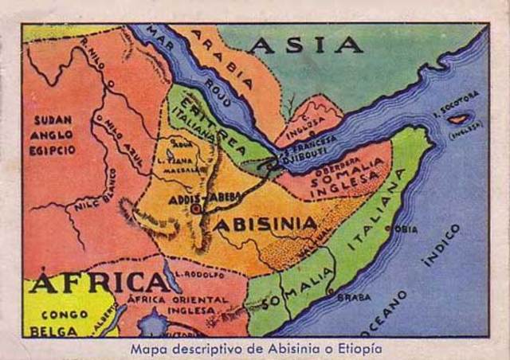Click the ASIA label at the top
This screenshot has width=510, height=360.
pos(304,45)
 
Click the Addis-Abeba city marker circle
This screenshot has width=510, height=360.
pos(196,209)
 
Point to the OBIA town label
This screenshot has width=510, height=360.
pos(406,229)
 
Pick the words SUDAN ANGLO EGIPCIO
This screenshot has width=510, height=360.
pos(53,135)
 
